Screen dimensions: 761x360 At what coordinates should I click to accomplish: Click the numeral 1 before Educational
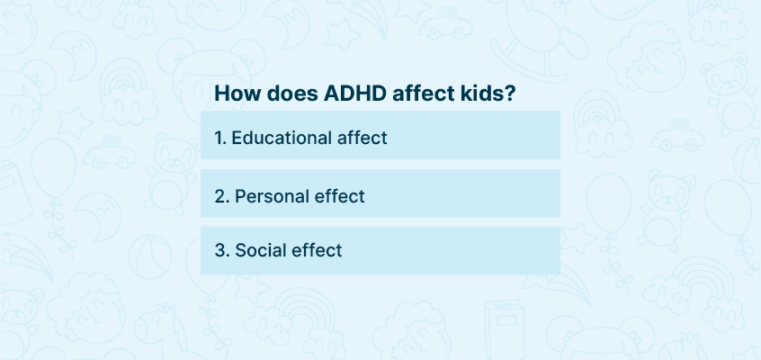(x=219, y=138)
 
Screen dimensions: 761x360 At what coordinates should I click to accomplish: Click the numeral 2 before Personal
(x=219, y=196)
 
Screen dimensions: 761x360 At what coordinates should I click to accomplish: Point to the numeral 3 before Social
(x=219, y=251)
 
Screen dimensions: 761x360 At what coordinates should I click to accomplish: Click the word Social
(x=260, y=251)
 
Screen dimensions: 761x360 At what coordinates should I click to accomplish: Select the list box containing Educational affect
(x=380, y=135)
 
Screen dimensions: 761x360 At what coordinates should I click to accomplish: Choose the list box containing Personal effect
(x=380, y=193)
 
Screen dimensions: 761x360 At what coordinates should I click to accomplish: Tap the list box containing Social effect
(x=380, y=251)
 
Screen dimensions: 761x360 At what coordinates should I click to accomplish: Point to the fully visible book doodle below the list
(x=505, y=328)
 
